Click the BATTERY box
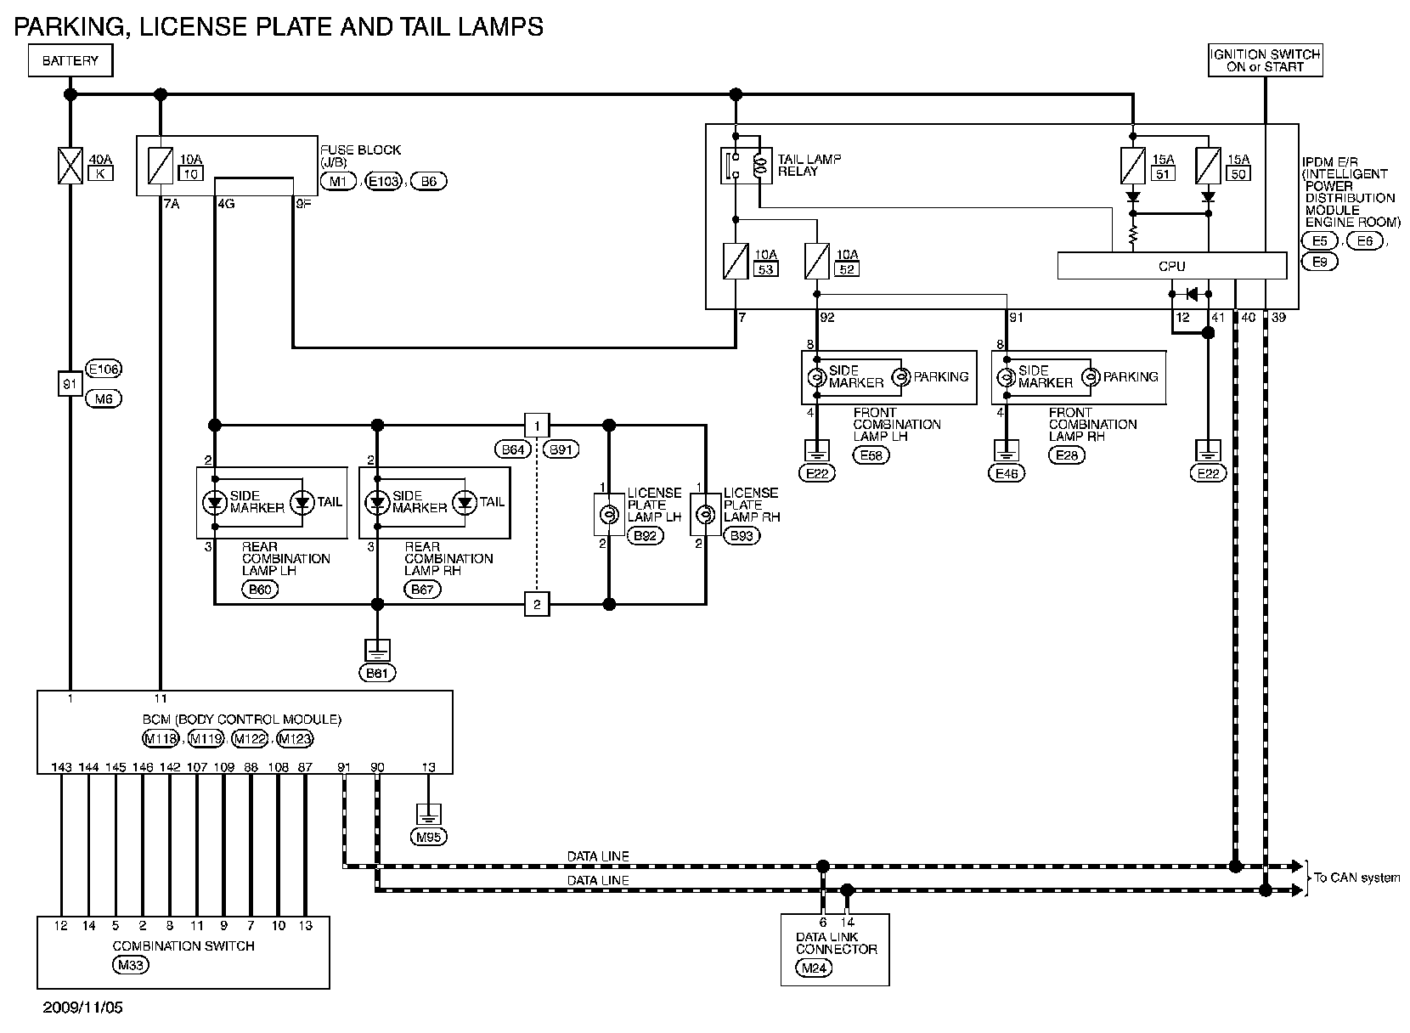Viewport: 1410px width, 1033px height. pyautogui.click(x=70, y=61)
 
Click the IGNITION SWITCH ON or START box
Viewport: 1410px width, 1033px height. pyautogui.click(x=1265, y=60)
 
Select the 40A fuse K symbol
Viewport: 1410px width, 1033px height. pyautogui.click(x=70, y=166)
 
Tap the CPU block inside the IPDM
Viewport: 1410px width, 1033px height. pyautogui.click(x=1171, y=266)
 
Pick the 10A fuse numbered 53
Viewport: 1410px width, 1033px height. pyautogui.click(x=734, y=261)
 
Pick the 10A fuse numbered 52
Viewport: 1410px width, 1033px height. pyautogui.click(x=816, y=261)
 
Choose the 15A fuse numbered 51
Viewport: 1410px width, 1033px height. pyautogui.click(x=1132, y=165)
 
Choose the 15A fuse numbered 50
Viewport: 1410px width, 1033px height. pyautogui.click(x=1207, y=165)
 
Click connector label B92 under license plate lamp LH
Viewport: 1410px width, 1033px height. pyautogui.click(x=643, y=536)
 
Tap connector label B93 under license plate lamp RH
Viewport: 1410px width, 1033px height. pyautogui.click(x=741, y=536)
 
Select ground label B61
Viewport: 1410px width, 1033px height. pyautogui.click(x=378, y=673)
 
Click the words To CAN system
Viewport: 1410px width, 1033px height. pyautogui.click(x=1356, y=878)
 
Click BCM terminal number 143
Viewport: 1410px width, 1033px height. pyautogui.click(x=61, y=767)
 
